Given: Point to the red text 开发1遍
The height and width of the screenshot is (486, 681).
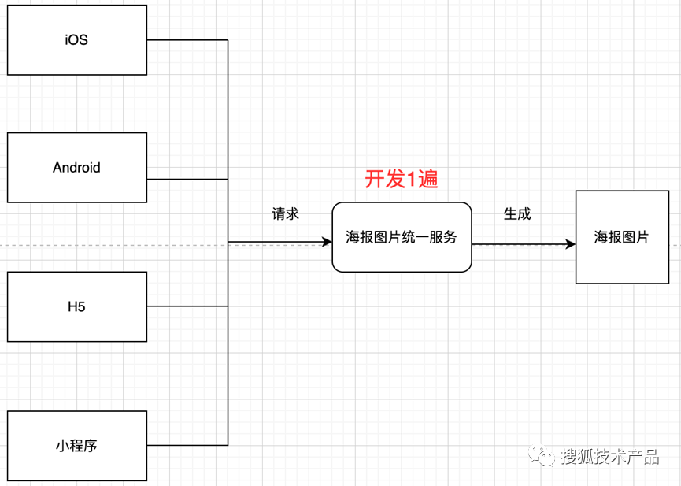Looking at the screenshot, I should pyautogui.click(x=402, y=180).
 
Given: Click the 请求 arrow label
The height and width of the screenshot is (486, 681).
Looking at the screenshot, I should pyautogui.click(x=285, y=214).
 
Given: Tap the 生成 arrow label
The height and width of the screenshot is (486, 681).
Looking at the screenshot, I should pyautogui.click(x=517, y=214).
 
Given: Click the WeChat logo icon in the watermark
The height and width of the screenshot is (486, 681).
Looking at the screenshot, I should pyautogui.click(x=542, y=456).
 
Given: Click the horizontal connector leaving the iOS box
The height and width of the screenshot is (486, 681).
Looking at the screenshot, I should pyautogui.click(x=187, y=40).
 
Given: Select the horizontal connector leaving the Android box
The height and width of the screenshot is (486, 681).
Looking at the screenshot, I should pyautogui.click(x=187, y=179).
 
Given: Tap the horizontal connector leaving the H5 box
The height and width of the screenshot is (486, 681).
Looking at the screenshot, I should pyautogui.click(x=187, y=306).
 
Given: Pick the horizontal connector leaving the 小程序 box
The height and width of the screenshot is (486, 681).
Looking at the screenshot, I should pyautogui.click(x=187, y=445).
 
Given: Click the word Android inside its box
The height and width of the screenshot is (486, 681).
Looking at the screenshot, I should pyautogui.click(x=76, y=168).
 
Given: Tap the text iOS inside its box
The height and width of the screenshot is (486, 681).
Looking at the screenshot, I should pyautogui.click(x=76, y=39).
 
